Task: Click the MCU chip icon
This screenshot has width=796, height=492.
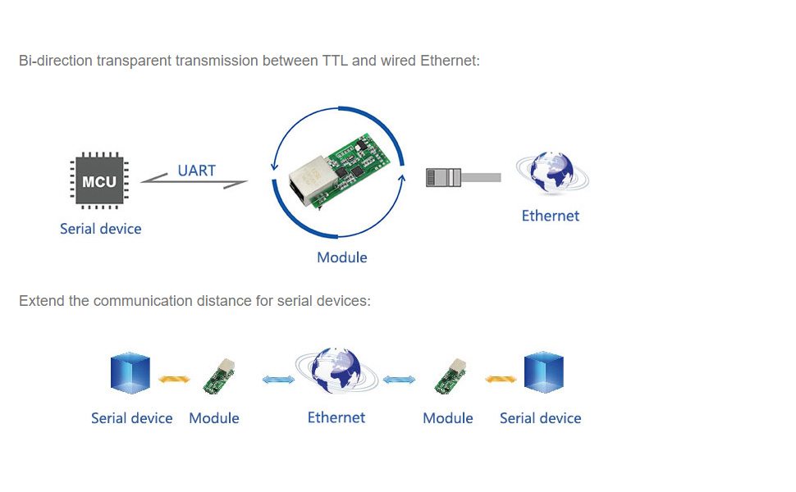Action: coord(99,180)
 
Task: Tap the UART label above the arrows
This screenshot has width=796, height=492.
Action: coord(196,171)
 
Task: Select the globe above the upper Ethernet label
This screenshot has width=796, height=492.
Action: coord(552,172)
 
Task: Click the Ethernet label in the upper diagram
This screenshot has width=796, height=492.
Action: coord(551,216)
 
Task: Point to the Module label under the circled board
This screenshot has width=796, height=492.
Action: coord(341,257)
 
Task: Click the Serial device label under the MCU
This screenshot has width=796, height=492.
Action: coord(100,229)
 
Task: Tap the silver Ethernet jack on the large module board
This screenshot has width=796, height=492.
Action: coord(306,181)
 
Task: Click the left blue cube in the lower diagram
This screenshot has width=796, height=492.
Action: coord(130,373)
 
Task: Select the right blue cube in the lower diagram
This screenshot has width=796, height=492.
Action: coord(544,372)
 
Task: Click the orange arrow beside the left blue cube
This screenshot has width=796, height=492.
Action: coord(174,378)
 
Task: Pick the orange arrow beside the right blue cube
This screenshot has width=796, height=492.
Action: coord(501,378)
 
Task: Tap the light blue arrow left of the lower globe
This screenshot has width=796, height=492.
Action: coord(278,380)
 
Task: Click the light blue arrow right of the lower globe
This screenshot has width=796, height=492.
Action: coord(399,380)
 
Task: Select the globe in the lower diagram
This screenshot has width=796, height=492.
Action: coord(336,370)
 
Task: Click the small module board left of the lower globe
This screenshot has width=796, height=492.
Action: coord(219,376)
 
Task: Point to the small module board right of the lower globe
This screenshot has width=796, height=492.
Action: coord(451,376)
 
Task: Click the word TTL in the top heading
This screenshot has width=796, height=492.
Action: coord(335,61)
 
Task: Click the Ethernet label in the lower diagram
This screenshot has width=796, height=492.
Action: coord(336,417)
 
